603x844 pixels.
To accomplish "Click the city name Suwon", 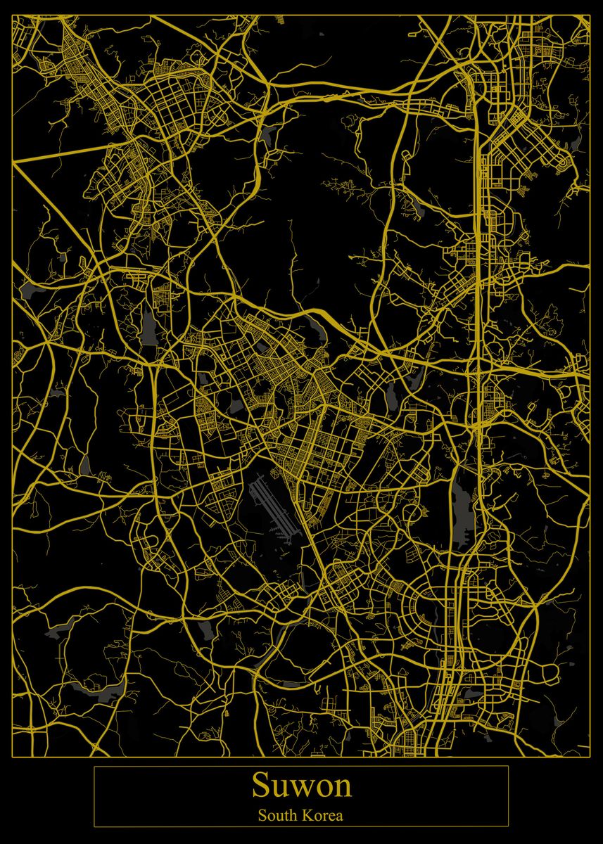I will pyautogui.click(x=301, y=785).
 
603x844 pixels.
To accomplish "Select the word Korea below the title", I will pyautogui.click(x=324, y=816).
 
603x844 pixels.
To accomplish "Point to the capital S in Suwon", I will pyautogui.click(x=260, y=786).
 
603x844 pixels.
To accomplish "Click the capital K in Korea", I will pyautogui.click(x=309, y=816).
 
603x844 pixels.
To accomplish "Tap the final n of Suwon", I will pyautogui.click(x=342, y=788).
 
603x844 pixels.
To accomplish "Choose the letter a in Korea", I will pyautogui.click(x=340, y=817).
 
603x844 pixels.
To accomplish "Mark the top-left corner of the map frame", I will pyautogui.click(x=13, y=15).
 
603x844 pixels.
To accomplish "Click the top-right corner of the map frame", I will pyautogui.click(x=590, y=15).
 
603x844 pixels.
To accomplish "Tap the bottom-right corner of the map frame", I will pyautogui.click(x=590, y=757).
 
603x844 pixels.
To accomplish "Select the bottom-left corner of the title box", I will pyautogui.click(x=94, y=826).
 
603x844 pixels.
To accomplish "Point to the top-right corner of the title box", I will pyautogui.click(x=508, y=766).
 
